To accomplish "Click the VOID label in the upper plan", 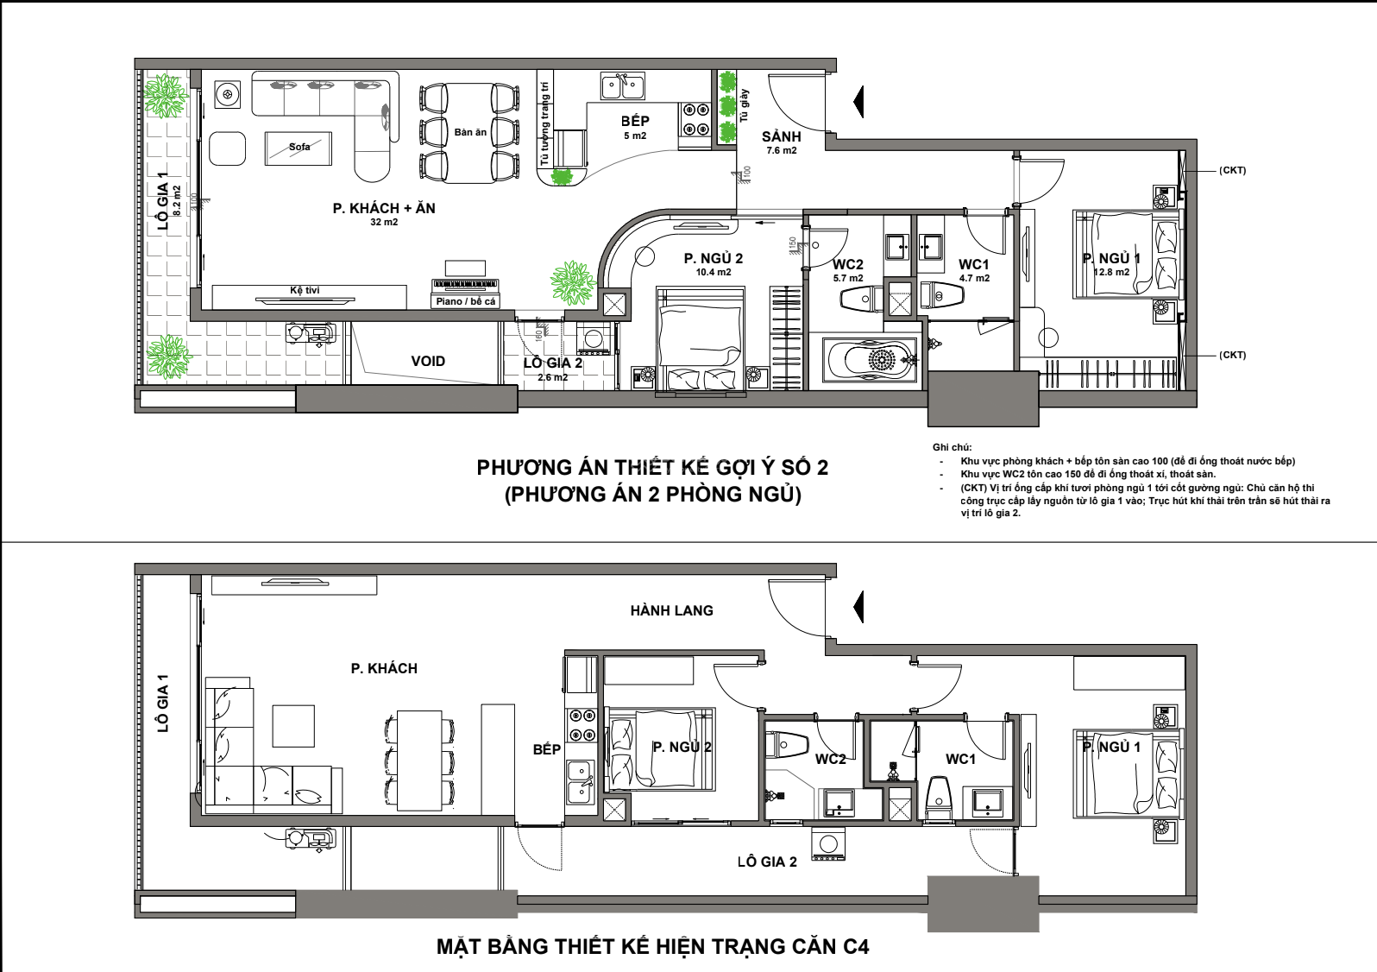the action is (x=428, y=361).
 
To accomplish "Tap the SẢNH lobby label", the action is (x=782, y=136).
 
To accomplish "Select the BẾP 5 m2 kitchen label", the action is (x=635, y=127).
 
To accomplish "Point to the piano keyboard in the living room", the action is (x=465, y=284).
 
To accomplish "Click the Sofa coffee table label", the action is (x=299, y=147).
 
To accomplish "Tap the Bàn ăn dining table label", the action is (x=470, y=132).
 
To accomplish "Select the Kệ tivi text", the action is (x=305, y=290).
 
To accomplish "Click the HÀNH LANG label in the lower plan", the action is (x=672, y=611).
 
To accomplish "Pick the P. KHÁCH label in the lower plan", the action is (x=384, y=669).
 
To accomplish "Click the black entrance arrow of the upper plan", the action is (x=858, y=102).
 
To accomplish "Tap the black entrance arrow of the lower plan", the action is (x=858, y=607).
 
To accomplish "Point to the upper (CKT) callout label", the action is (x=1233, y=170).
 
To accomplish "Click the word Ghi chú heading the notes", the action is (x=953, y=448).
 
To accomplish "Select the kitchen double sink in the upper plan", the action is (x=623, y=86).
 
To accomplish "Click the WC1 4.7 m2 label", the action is (x=974, y=270).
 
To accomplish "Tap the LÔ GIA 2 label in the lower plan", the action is (x=767, y=862).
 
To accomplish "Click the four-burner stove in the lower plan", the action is (x=581, y=725).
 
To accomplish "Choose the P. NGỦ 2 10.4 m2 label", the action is (x=714, y=264).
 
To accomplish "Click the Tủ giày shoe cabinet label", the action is (x=745, y=105).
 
